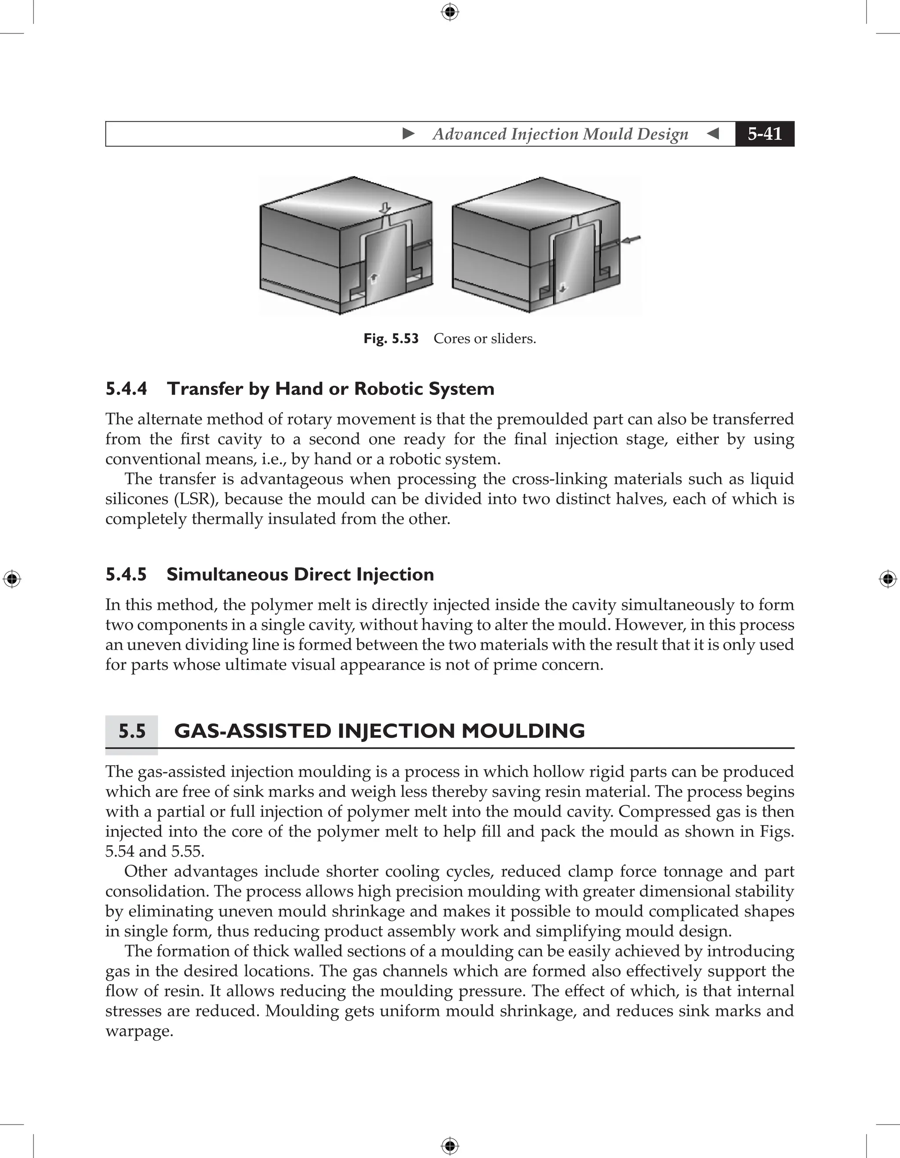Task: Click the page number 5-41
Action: (x=764, y=134)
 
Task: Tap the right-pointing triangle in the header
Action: (x=408, y=134)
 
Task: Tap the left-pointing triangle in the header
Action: (x=713, y=134)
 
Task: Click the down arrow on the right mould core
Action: (x=562, y=287)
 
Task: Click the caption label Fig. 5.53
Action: (x=391, y=339)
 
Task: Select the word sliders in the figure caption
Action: (x=515, y=339)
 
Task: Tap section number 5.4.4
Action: (x=126, y=389)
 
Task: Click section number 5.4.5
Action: (x=126, y=575)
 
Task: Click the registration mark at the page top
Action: (x=450, y=12)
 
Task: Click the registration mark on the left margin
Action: (x=12, y=579)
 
